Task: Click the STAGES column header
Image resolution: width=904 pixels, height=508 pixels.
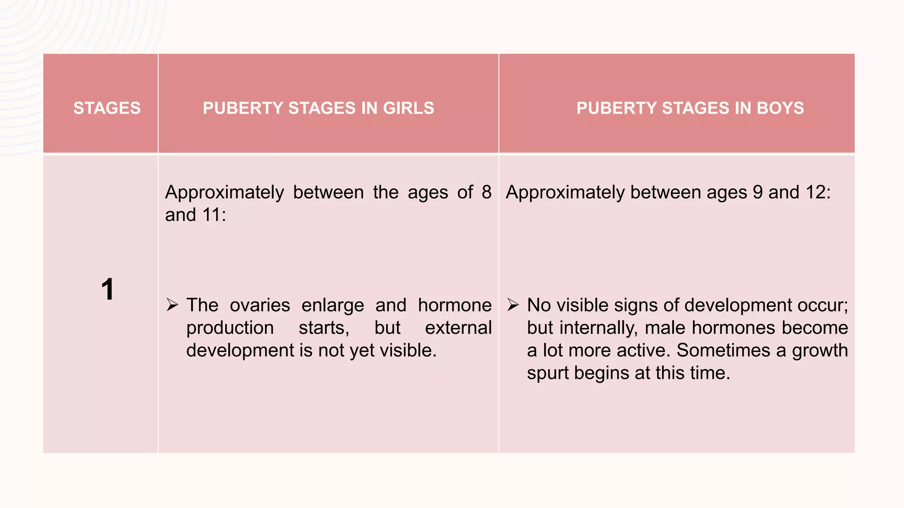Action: pos(107,108)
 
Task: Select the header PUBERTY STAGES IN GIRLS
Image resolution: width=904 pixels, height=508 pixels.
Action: pos(318,108)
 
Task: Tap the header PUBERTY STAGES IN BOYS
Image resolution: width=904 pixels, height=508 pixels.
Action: pos(690,108)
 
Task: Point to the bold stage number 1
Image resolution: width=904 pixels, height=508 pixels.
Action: pos(107,290)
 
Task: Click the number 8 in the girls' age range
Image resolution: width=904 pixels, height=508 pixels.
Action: pos(486,192)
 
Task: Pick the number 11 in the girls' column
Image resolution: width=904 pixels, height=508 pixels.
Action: pos(211,215)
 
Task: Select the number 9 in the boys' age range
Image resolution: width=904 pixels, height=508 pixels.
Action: pos(757,192)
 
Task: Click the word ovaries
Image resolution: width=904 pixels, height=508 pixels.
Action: pos(260,305)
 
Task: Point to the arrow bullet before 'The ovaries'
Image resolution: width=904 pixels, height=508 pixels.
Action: pos(172,305)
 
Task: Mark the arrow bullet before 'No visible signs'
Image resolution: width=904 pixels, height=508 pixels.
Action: pos(513,305)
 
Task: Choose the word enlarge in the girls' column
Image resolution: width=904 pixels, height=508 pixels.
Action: pos(333,306)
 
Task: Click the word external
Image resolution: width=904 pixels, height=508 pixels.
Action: pos(458,328)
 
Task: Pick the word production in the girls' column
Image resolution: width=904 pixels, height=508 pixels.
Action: pos(230,328)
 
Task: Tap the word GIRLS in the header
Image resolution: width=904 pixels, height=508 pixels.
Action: pos(408,108)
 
